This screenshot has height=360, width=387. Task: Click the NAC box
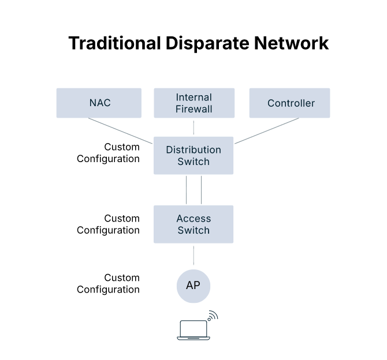pos(99,103)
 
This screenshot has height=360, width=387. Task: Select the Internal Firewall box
pos(193,103)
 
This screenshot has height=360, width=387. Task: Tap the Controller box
pos(290,103)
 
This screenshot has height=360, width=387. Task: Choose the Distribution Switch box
pos(193,156)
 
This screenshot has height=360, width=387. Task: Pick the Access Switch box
pos(193,224)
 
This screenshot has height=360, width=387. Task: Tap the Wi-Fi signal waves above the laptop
pos(213,316)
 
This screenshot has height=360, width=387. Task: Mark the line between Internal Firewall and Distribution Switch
pos(193,127)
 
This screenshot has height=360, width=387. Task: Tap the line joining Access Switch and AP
pos(193,256)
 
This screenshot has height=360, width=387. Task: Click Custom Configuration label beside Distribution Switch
pos(109,153)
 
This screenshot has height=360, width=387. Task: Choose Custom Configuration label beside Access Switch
pos(109,224)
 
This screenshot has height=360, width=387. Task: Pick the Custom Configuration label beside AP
pos(109,284)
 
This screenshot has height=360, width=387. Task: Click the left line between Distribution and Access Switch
pos(186,190)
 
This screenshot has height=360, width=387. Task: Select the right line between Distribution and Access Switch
pos(201,190)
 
